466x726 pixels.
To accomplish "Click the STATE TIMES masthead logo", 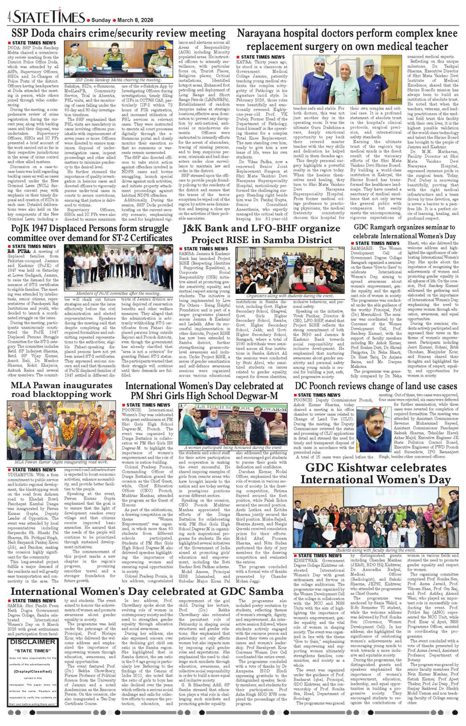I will click(48, 17).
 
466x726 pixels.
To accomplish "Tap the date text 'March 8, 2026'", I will click(135, 20).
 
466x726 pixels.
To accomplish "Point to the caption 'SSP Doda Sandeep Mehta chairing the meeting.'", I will click(118, 80).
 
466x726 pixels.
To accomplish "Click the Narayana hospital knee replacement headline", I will click(347, 40).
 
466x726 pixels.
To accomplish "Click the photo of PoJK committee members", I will click(118, 269).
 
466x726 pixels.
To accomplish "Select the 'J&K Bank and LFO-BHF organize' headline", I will click(261, 233).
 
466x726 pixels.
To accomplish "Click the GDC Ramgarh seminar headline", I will click(404, 231).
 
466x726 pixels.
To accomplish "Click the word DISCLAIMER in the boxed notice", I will click(33, 641).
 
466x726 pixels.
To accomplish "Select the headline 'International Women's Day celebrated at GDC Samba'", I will click(146, 591).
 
